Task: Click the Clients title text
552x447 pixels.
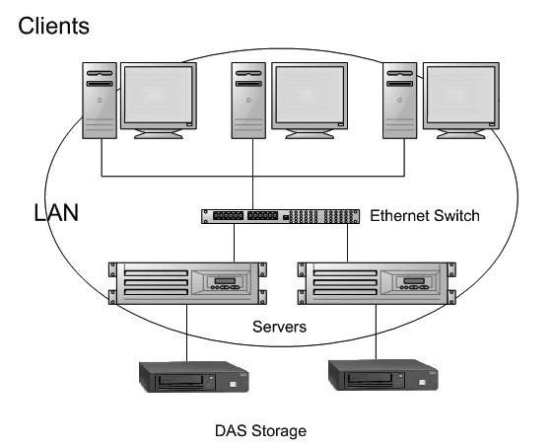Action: [53, 26]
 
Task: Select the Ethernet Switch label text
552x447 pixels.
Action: [425, 215]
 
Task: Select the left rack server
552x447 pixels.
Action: [187, 282]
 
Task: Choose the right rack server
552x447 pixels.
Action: [374, 282]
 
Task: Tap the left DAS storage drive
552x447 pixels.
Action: [187, 379]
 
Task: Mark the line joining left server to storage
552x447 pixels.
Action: [187, 334]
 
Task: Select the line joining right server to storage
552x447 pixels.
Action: [377, 334]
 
